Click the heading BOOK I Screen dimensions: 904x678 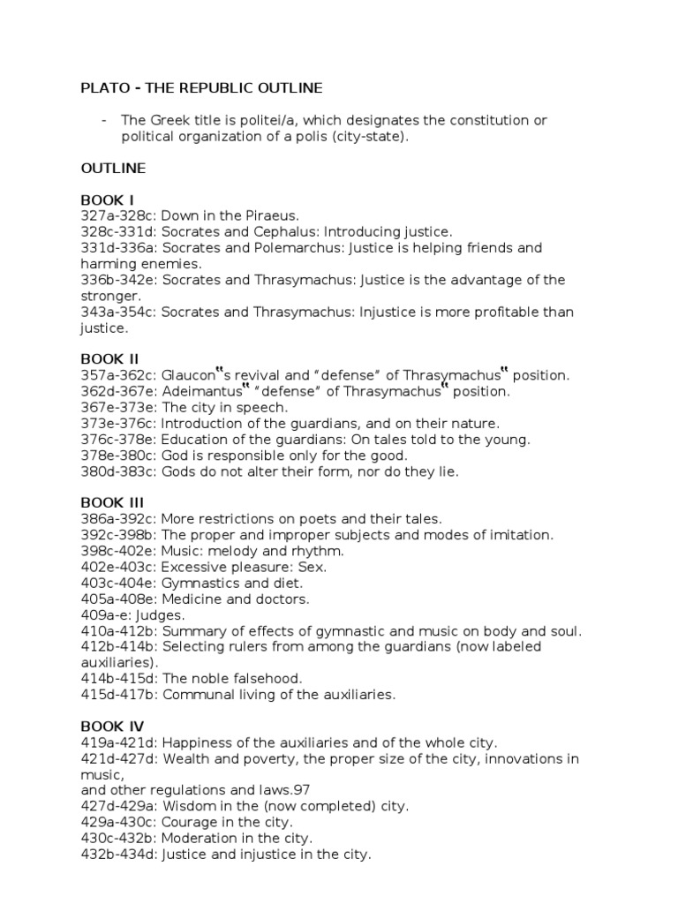pos(108,200)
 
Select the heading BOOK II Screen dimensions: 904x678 pos(109,358)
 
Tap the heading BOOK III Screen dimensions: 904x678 pos(112,502)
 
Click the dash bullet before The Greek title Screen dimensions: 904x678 pos(104,119)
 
